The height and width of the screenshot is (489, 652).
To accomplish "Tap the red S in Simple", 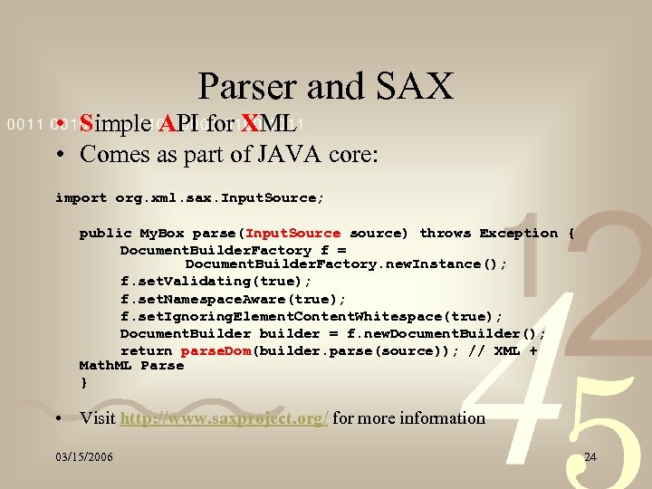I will (x=87, y=123).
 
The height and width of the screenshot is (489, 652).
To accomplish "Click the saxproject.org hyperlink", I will (x=224, y=418).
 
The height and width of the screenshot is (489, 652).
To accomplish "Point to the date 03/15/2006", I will (x=83, y=456).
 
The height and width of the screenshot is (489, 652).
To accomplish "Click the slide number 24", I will (x=590, y=456).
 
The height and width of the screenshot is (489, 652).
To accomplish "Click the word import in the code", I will (x=81, y=197).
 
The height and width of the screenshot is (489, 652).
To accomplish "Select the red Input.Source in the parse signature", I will (x=293, y=234).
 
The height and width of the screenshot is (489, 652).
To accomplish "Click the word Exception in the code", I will (x=519, y=234).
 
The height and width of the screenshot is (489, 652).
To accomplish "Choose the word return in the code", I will (x=146, y=350).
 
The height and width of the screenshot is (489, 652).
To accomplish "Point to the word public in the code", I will (x=105, y=234).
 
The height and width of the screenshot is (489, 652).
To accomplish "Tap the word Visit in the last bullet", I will (x=98, y=418).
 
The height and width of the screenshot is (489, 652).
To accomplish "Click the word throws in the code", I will (x=446, y=234).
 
